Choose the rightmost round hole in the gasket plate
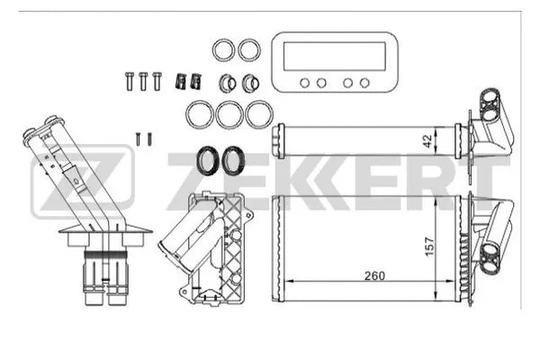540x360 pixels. pos(364,83)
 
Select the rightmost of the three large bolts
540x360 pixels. pos(158,78)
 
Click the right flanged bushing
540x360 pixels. pos(250,83)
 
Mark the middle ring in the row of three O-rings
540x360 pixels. pos(229,115)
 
